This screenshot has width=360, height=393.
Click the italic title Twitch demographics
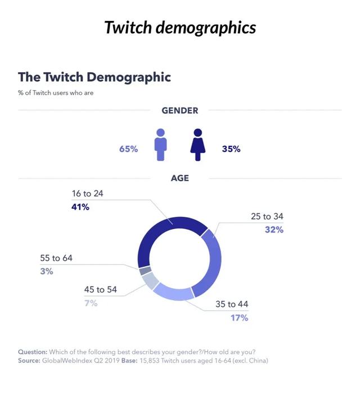pyautogui.click(x=179, y=27)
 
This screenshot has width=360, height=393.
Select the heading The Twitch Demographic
pyautogui.click(x=94, y=77)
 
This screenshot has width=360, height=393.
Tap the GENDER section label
pyautogui.click(x=179, y=110)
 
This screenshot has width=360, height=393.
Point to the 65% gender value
pyautogui.click(x=128, y=149)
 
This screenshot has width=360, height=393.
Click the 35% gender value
pyautogui.click(x=231, y=149)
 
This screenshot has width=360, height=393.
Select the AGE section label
pyautogui.click(x=179, y=178)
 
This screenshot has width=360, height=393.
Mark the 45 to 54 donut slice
pyautogui.click(x=148, y=279)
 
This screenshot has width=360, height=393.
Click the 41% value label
pyautogui.click(x=80, y=207)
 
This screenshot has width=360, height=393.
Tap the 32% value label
pyautogui.click(x=274, y=230)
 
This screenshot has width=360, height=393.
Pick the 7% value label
pyautogui.click(x=91, y=303)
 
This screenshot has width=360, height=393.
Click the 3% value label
pyautogui.click(x=47, y=271)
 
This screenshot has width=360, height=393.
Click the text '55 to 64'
pyautogui.click(x=56, y=258)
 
